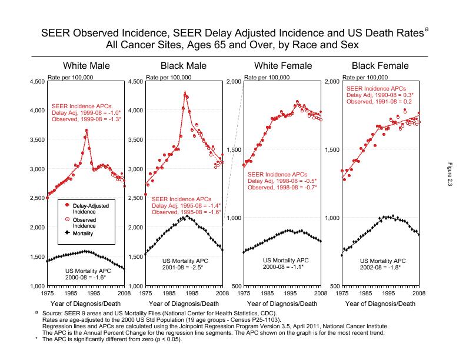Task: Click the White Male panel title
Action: click(x=86, y=65)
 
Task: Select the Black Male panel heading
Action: click(x=184, y=65)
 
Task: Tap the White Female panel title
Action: click(x=282, y=65)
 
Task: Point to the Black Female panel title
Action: click(x=380, y=65)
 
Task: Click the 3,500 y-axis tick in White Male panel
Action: click(x=36, y=140)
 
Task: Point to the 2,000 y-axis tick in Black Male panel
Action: click(x=135, y=228)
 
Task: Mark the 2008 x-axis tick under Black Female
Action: click(x=418, y=292)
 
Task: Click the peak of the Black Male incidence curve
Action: click(x=185, y=93)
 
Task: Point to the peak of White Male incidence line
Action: click(x=86, y=131)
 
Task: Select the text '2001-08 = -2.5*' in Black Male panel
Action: click(x=184, y=267)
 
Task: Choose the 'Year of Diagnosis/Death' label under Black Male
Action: click(x=184, y=304)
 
